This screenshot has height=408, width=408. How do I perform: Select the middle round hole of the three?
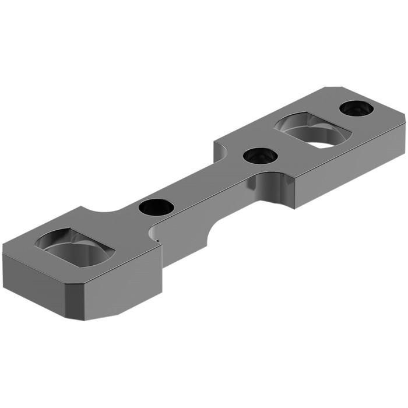click(x=260, y=156)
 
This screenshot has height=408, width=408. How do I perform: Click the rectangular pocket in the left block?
click(x=75, y=247)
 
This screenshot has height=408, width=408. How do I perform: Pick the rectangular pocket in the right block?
click(x=312, y=130)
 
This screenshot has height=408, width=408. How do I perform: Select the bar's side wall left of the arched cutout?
click(x=175, y=245)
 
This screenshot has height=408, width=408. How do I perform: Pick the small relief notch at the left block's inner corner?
click(x=153, y=233)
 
